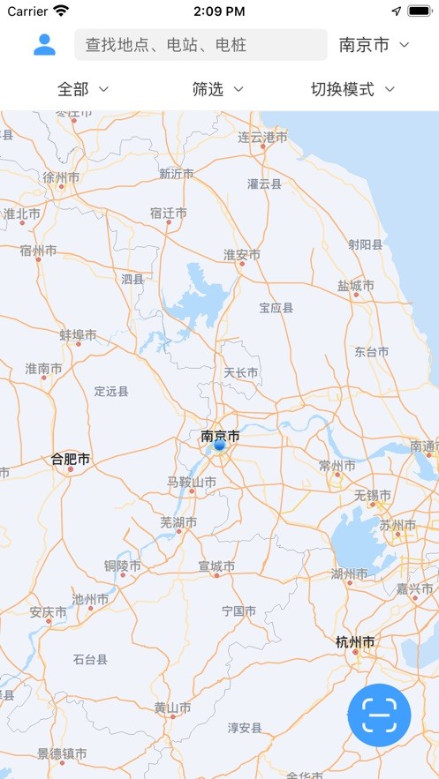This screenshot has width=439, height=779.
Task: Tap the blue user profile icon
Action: coord(44,45)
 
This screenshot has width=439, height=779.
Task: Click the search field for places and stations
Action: coord(201,45)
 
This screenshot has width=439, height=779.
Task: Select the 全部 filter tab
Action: coord(82,89)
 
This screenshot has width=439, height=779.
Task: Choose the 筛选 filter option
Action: coord(217,89)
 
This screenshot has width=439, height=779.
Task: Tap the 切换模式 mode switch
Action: coord(352,89)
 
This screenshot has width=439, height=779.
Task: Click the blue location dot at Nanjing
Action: coord(220,446)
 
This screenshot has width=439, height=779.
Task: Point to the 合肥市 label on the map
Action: coord(71,460)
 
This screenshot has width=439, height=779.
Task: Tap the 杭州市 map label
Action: coord(356,642)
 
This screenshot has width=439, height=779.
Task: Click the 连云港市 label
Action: coord(262,138)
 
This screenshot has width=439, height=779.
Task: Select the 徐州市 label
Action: coord(62,177)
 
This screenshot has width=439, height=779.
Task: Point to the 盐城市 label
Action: coord(355,286)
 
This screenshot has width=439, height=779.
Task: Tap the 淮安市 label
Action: coord(241,255)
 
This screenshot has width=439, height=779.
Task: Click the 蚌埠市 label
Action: coord(78,335)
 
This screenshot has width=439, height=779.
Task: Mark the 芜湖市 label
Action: coord(178,522)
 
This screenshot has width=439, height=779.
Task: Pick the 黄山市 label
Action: coord(172,708)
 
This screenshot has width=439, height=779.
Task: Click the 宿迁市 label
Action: coord(168,213)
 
